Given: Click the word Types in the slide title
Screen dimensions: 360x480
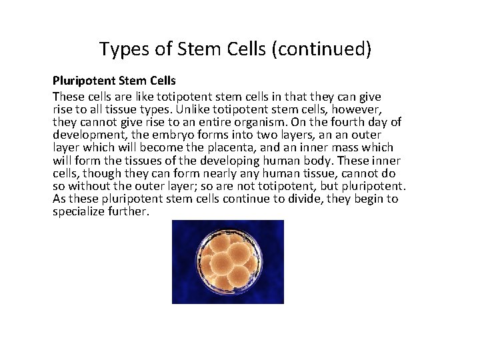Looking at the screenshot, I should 119,49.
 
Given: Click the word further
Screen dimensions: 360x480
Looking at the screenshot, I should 130,211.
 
